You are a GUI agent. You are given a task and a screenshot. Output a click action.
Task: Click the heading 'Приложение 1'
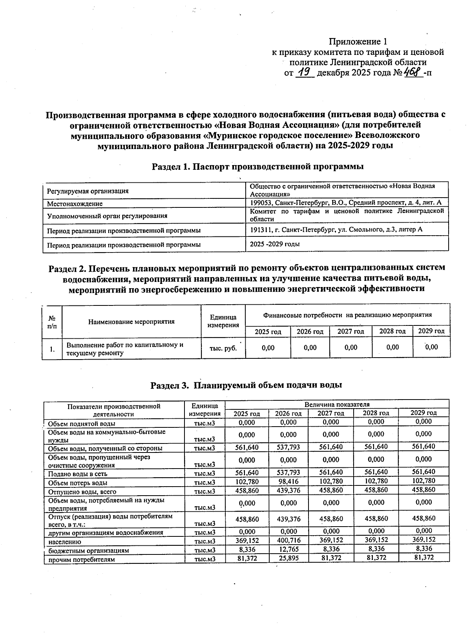(x=358, y=42)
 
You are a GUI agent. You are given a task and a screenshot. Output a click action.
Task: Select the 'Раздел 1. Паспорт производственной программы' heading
(x=257, y=167)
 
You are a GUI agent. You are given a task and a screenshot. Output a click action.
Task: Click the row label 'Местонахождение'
(x=75, y=204)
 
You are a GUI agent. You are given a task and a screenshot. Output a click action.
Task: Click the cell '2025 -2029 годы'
(x=275, y=244)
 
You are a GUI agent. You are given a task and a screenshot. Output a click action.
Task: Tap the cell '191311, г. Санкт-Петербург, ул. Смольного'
(x=336, y=229)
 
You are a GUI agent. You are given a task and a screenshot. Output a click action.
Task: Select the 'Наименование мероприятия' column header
(x=131, y=322)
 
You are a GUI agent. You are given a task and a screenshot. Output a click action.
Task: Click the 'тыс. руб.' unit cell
(x=223, y=348)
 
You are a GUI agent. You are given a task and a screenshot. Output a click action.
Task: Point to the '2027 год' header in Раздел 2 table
(x=351, y=331)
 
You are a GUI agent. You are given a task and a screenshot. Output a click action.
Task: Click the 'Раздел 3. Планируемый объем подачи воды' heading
(x=246, y=385)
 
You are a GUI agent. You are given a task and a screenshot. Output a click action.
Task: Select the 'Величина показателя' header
(x=337, y=404)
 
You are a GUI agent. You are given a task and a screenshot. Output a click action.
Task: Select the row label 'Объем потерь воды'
(x=77, y=483)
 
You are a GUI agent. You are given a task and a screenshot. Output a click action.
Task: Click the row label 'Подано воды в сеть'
(x=77, y=474)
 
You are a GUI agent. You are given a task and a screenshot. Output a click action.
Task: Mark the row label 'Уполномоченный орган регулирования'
(x=107, y=216)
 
